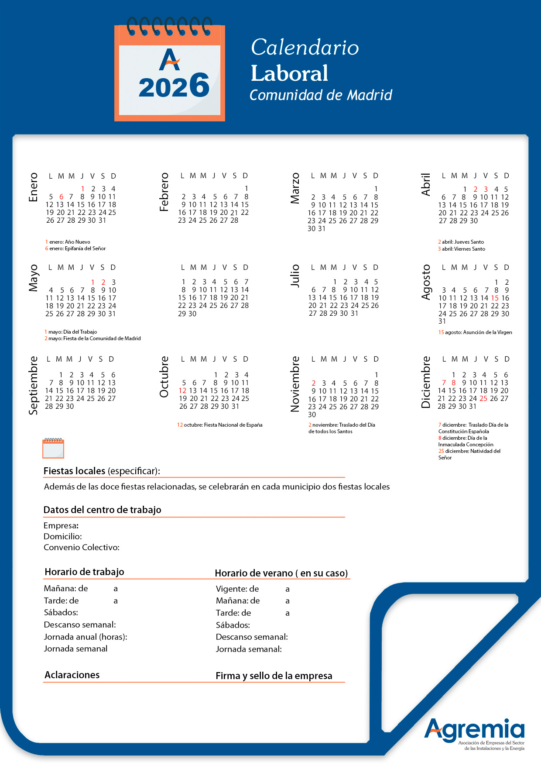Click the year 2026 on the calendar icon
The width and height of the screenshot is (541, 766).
174,86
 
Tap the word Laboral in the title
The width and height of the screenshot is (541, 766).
289,73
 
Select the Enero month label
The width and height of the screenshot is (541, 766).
33,187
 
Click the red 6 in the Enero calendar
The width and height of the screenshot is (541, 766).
61,197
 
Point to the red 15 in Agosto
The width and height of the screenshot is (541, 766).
495,298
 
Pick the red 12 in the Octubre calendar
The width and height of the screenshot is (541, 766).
182,391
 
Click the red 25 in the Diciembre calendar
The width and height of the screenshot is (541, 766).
483,399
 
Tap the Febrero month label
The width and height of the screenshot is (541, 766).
164,192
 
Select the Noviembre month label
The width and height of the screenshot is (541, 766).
295,384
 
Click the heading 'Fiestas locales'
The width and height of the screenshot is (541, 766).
74,471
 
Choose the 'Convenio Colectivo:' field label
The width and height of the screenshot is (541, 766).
82,548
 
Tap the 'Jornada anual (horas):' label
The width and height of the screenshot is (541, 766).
86,637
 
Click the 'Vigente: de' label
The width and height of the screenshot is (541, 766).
237,589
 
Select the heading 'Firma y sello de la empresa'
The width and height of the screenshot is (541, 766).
274,676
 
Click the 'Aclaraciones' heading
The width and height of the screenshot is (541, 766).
72,675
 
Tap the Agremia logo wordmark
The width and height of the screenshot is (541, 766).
474,730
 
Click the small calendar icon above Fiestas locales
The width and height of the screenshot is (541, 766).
53,449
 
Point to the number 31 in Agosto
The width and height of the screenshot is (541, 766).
442,321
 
